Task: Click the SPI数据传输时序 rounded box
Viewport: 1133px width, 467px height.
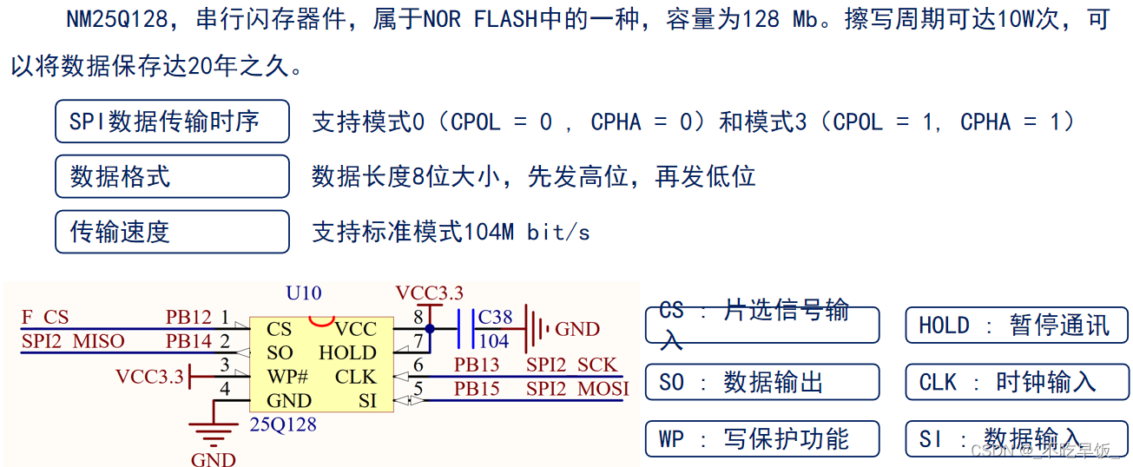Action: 172,122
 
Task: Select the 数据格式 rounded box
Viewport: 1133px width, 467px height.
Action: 172,177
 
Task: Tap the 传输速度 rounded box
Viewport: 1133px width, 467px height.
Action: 172,232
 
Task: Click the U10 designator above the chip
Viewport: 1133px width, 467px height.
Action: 303,293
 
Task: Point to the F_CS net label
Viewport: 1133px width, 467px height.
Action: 44,318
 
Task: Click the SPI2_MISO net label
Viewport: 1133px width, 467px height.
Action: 73,341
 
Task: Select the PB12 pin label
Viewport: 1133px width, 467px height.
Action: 188,318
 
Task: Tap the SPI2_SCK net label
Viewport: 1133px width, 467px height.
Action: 571,365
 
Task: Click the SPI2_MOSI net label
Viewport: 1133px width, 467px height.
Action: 577,389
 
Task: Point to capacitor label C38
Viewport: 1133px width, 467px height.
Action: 496,318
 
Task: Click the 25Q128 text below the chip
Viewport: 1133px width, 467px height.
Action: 283,425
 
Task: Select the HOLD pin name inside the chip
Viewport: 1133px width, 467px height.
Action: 347,353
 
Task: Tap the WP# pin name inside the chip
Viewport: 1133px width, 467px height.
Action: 287,378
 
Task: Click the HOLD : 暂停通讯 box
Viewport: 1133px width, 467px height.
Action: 1017,326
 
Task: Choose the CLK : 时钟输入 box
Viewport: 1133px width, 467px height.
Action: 1017,382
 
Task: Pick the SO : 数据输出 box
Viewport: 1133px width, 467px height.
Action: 761,382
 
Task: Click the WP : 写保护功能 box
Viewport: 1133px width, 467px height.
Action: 761,438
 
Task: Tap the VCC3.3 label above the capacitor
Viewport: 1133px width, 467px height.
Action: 429,293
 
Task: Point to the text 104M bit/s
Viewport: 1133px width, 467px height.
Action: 527,232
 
